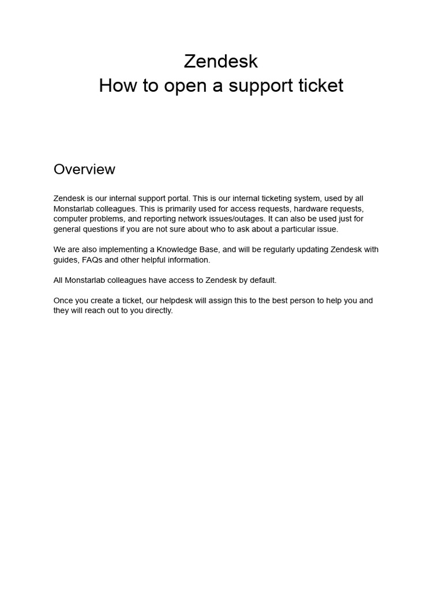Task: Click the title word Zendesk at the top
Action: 221,61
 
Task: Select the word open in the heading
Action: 181,85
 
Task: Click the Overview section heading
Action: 84,169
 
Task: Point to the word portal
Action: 177,199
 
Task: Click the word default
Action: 263,280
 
